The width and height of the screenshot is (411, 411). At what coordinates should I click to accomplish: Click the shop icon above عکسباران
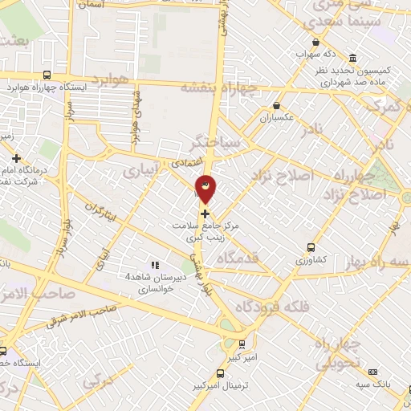(277, 104)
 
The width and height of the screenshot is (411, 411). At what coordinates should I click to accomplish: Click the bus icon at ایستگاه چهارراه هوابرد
(47, 74)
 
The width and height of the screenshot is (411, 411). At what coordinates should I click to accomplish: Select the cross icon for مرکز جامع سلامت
(205, 214)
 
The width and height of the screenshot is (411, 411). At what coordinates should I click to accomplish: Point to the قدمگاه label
(254, 257)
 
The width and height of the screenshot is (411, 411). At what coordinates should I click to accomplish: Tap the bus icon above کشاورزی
(309, 248)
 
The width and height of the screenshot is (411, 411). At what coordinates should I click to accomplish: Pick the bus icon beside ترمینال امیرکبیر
(221, 374)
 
